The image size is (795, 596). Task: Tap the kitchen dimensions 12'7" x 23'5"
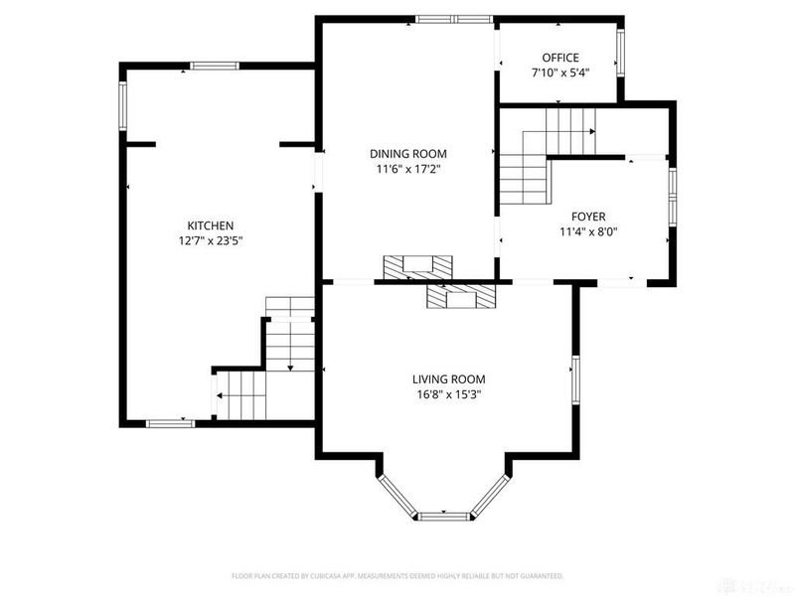click(211, 240)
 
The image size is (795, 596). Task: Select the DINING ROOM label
click(407, 154)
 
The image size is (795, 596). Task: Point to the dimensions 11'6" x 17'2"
click(407, 169)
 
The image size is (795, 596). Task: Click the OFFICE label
click(559, 58)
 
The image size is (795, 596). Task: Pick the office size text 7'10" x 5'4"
click(559, 73)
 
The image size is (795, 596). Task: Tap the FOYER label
click(587, 217)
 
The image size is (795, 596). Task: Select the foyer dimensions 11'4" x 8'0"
click(587, 232)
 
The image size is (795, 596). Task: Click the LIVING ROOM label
click(449, 378)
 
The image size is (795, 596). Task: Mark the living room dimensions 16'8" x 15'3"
click(449, 394)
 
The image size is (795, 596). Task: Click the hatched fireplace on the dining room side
click(418, 266)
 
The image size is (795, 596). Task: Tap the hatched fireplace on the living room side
click(461, 297)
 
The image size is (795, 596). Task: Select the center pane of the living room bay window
click(444, 516)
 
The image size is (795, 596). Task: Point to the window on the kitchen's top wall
click(215, 67)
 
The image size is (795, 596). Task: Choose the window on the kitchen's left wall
click(123, 106)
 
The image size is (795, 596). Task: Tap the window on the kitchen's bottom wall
click(170, 423)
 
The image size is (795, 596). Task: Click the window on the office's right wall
click(620, 53)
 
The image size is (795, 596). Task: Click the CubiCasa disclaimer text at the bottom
click(397, 575)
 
